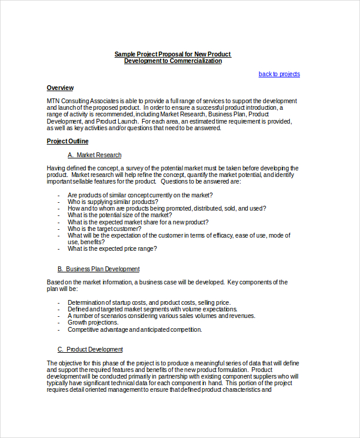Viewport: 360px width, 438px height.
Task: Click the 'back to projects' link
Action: (x=279, y=74)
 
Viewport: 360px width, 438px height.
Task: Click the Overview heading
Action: (x=60, y=88)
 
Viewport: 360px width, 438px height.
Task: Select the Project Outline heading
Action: (x=67, y=142)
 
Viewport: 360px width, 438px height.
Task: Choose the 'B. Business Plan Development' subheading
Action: (x=98, y=269)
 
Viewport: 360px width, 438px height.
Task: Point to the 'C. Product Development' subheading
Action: (x=90, y=349)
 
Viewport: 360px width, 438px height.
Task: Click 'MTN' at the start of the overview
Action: (x=53, y=101)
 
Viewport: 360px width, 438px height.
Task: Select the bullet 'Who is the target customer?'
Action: (x=104, y=229)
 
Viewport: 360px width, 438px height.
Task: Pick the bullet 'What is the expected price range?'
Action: (x=112, y=248)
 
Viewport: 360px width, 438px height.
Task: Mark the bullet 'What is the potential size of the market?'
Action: (x=120, y=215)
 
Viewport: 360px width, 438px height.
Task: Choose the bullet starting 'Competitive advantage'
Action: (x=134, y=329)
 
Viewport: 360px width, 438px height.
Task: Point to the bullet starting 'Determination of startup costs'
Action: (x=149, y=302)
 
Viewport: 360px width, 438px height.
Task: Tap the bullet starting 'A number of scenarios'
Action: (x=161, y=316)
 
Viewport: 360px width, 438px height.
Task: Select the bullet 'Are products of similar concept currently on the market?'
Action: (x=140, y=196)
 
